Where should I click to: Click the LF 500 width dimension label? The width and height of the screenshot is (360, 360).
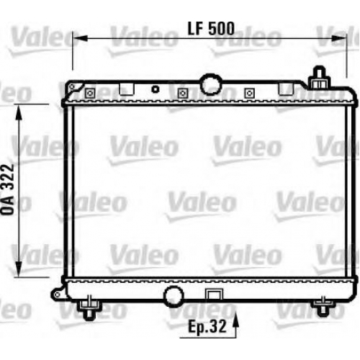(211, 29)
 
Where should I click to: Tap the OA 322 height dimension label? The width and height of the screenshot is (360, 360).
(8, 190)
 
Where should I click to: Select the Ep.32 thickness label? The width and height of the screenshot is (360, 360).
(207, 326)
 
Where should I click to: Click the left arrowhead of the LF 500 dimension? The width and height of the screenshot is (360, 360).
(80, 38)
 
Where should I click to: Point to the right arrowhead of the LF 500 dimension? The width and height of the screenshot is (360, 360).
(339, 38)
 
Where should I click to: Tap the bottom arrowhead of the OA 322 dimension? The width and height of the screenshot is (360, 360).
(19, 269)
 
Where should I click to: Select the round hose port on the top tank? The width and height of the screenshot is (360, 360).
(211, 84)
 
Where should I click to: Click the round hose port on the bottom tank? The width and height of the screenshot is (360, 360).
(174, 296)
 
